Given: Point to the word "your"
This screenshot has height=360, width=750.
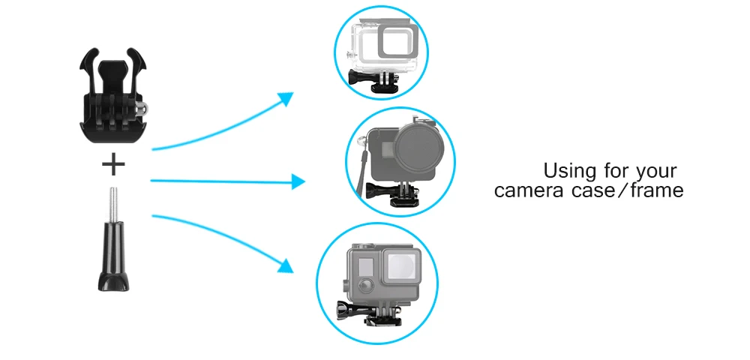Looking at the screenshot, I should [x=656, y=172].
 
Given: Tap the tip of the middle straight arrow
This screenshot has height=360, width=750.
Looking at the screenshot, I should [x=304, y=181].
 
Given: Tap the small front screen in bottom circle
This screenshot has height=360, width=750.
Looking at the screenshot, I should [x=363, y=268].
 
